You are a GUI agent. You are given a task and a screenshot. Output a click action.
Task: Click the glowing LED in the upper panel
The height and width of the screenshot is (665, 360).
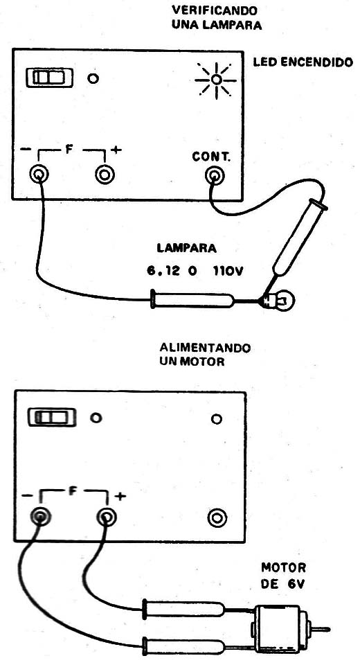(x=216, y=80)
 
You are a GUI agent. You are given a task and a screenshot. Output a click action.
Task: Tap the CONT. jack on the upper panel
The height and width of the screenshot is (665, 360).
(x=215, y=175)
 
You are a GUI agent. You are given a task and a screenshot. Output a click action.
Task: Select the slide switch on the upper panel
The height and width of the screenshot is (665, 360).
(x=49, y=78)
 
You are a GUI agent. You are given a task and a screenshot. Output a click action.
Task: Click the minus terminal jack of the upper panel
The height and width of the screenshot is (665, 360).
(x=39, y=175)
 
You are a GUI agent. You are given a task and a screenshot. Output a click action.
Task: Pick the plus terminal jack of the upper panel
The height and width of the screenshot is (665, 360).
(x=105, y=175)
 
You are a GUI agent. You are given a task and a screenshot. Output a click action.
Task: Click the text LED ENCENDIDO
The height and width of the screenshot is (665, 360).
(x=303, y=63)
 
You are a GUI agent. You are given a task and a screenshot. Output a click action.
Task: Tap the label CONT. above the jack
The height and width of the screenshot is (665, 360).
(x=211, y=157)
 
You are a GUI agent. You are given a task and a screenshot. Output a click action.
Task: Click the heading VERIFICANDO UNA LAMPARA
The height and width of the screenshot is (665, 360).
(x=216, y=17)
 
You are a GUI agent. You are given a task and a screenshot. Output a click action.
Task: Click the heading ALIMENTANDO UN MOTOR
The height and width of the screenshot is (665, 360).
(x=205, y=355)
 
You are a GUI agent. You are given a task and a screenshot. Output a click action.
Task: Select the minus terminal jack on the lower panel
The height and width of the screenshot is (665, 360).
(x=40, y=516)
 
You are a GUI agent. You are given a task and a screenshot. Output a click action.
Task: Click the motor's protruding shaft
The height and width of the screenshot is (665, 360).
(x=321, y=629)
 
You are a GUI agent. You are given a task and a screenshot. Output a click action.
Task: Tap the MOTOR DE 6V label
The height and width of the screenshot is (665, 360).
(x=283, y=575)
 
